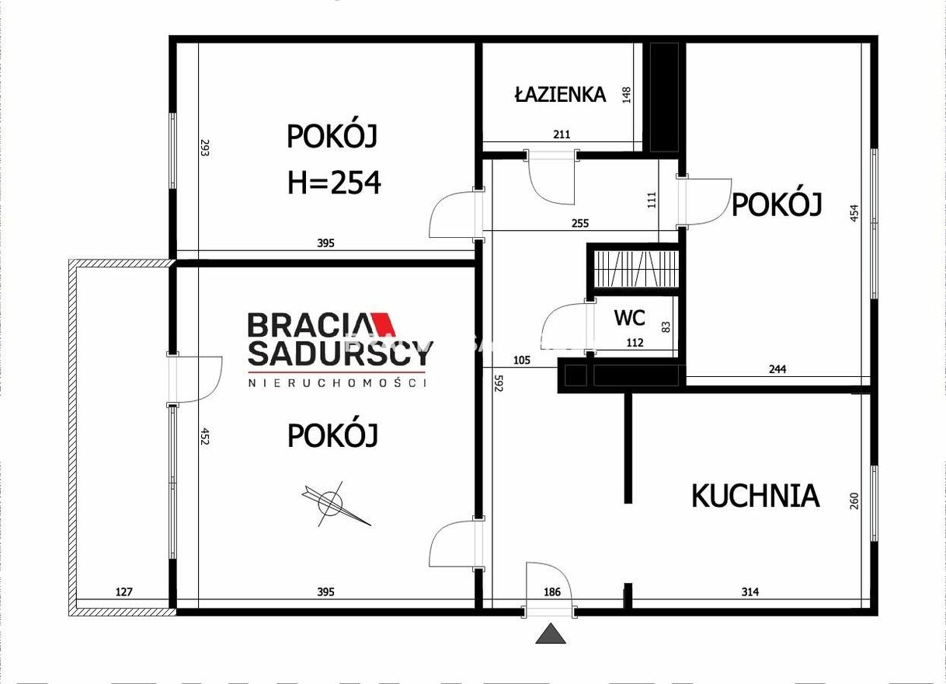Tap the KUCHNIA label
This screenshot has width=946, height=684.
tap(756, 496)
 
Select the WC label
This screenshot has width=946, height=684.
tap(630, 318)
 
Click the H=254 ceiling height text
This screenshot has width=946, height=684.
tap(334, 182)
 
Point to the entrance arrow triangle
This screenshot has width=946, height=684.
tap(551, 633)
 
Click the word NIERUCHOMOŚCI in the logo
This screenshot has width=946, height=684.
tap(337, 383)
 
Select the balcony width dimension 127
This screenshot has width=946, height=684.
tap(123, 592)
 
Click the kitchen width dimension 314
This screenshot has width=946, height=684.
tap(750, 592)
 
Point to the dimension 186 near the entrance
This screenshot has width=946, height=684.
tap(552, 592)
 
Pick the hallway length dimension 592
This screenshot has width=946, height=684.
tap(499, 383)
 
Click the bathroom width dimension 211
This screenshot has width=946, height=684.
tap(562, 134)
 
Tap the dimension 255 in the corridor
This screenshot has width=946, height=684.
tap(580, 223)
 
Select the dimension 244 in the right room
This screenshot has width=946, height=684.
tap(777, 369)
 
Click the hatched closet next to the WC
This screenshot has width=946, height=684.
tap(635, 269)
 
